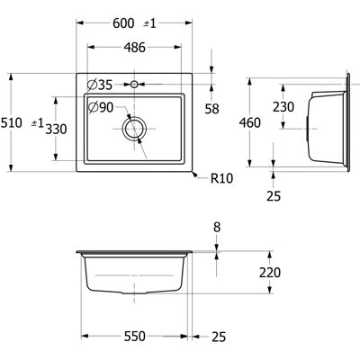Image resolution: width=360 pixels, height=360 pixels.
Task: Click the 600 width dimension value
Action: [x=123, y=23]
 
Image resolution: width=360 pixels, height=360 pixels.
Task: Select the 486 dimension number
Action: [x=135, y=47]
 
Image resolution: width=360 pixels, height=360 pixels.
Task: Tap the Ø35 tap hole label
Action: [x=100, y=85]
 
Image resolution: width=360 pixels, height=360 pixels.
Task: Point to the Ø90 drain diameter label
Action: [x=101, y=107]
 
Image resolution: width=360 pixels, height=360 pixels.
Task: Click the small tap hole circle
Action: [x=134, y=85]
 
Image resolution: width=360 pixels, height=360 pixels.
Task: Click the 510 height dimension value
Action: [x=11, y=122]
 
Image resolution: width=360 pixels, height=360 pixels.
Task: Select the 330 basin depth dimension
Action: [x=56, y=129]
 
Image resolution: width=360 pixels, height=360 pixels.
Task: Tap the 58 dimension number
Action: [x=212, y=109]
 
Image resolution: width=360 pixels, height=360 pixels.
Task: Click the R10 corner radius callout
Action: [x=222, y=178]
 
